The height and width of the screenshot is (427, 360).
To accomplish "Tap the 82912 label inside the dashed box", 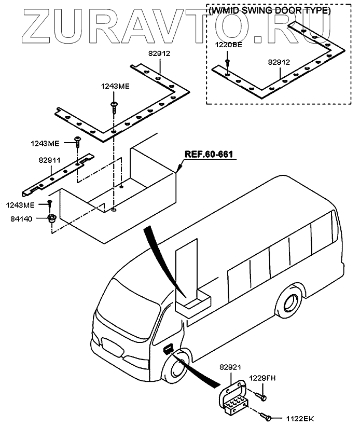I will pyautogui.click(x=279, y=62).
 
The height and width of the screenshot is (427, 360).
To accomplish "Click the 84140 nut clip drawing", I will pyautogui.click(x=51, y=218).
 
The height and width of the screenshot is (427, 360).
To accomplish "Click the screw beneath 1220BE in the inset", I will pyautogui.click(x=228, y=64).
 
